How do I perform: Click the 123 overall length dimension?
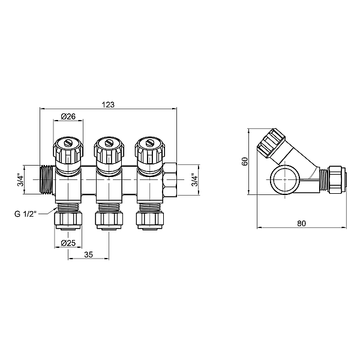[x=108, y=104]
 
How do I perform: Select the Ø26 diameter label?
[x=68, y=116]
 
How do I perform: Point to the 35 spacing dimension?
[x=89, y=254]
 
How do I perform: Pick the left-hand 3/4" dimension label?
[x=19, y=179]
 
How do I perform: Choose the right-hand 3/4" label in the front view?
[x=193, y=179]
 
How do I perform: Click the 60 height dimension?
[x=245, y=161]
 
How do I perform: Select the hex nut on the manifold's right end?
[x=170, y=179]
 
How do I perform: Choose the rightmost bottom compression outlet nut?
[x=149, y=217]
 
